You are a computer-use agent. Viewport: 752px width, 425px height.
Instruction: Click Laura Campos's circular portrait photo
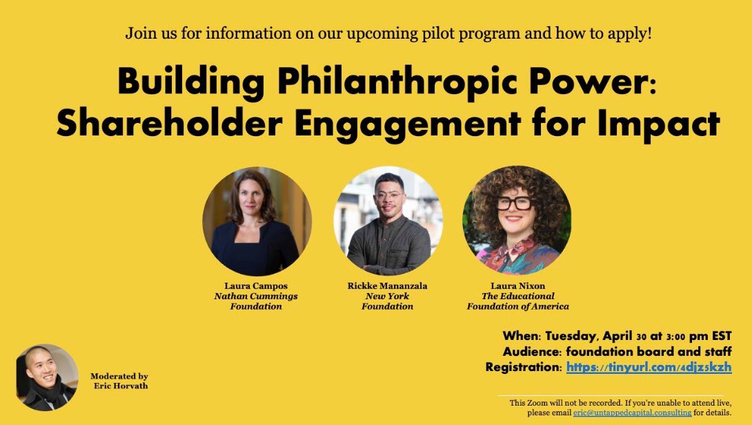[257, 222]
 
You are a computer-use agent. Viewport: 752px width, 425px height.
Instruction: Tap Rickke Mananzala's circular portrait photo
[388, 222]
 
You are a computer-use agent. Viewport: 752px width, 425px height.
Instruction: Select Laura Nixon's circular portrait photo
[517, 220]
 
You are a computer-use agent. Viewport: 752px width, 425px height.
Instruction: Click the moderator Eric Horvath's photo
[47, 378]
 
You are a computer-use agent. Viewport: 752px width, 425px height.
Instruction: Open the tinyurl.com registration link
[649, 367]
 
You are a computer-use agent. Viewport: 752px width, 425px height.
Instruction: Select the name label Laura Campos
[256, 285]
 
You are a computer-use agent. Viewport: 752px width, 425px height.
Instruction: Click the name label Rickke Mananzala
[387, 285]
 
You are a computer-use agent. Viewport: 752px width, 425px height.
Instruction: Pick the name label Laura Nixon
[517, 285]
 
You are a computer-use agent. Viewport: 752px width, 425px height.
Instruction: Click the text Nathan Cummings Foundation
[256, 301]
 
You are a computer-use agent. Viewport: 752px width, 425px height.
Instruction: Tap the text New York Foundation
[387, 301]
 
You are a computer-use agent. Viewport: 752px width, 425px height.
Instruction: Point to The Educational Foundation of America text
[517, 301]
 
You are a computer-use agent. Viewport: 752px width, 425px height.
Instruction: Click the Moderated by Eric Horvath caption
[118, 381]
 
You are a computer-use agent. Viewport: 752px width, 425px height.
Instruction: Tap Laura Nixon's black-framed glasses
[514, 203]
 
